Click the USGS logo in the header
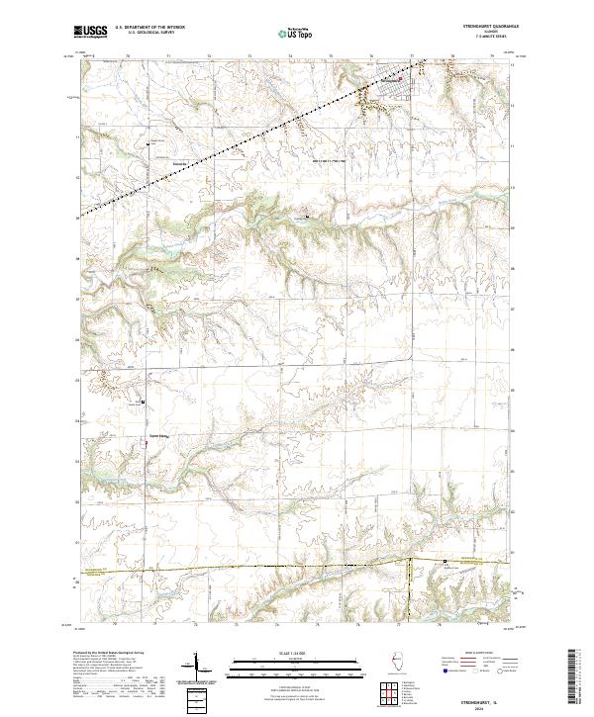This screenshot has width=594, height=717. coord(91,32)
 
